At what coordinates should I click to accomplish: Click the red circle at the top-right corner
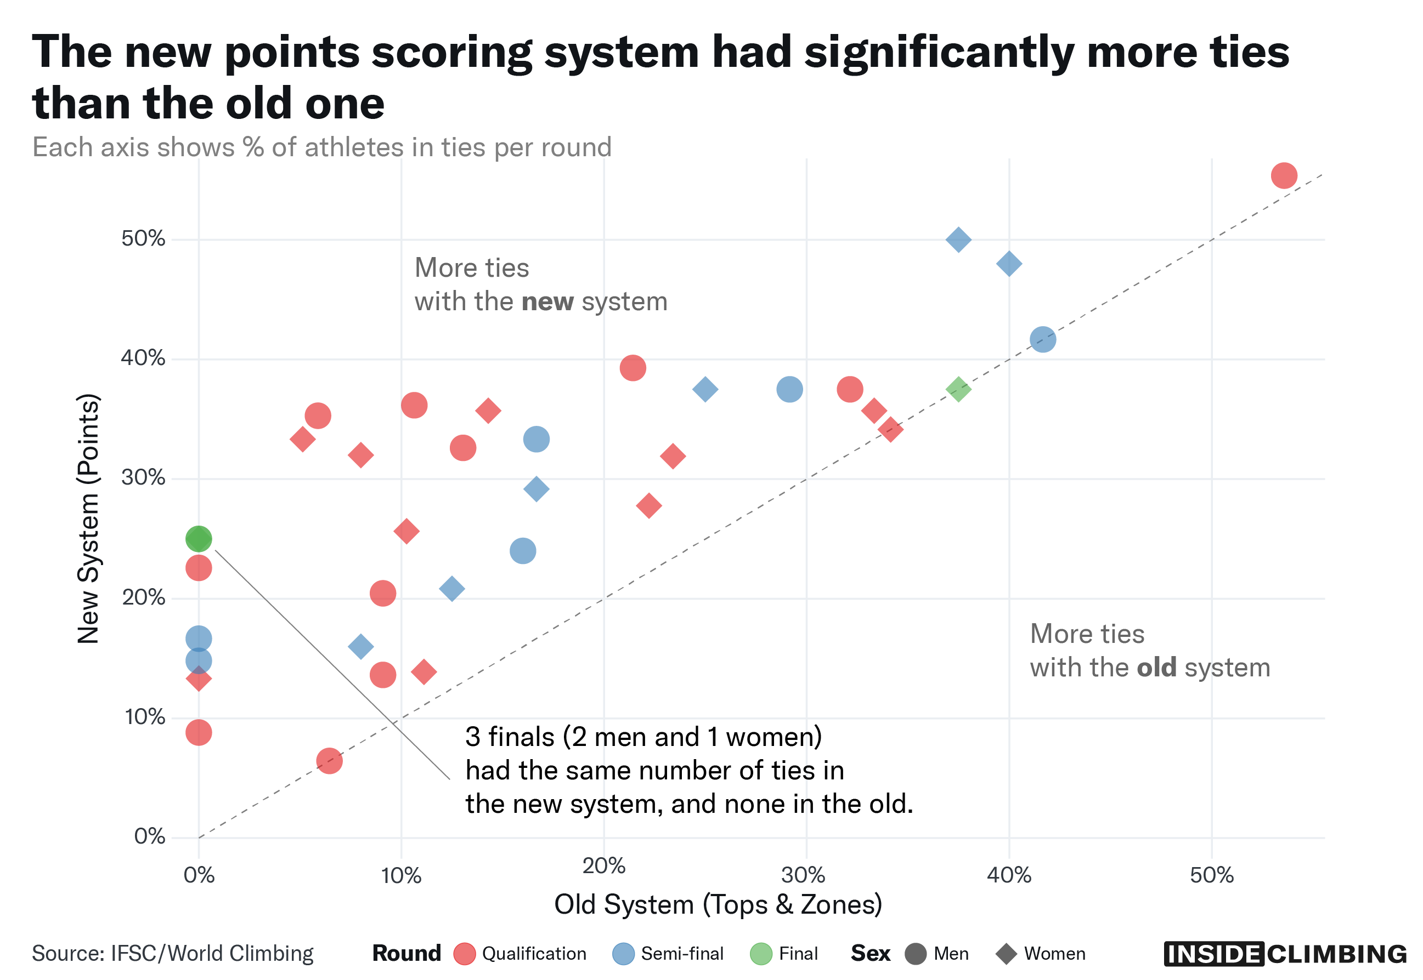(x=1284, y=175)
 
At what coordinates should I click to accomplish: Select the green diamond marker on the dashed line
(x=958, y=389)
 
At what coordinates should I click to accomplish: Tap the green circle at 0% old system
(x=199, y=539)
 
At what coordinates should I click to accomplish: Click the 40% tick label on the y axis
(x=143, y=358)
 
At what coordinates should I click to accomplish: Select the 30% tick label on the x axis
(x=805, y=874)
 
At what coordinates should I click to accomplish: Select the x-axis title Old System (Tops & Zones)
(x=718, y=904)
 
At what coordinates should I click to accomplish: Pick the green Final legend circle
(x=761, y=954)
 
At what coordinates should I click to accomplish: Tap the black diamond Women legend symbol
(x=1007, y=954)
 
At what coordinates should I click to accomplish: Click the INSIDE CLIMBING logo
(x=1284, y=954)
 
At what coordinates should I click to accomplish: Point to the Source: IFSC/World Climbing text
(x=173, y=953)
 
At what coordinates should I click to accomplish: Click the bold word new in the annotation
(x=547, y=302)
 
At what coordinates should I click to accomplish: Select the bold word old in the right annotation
(x=1156, y=668)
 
